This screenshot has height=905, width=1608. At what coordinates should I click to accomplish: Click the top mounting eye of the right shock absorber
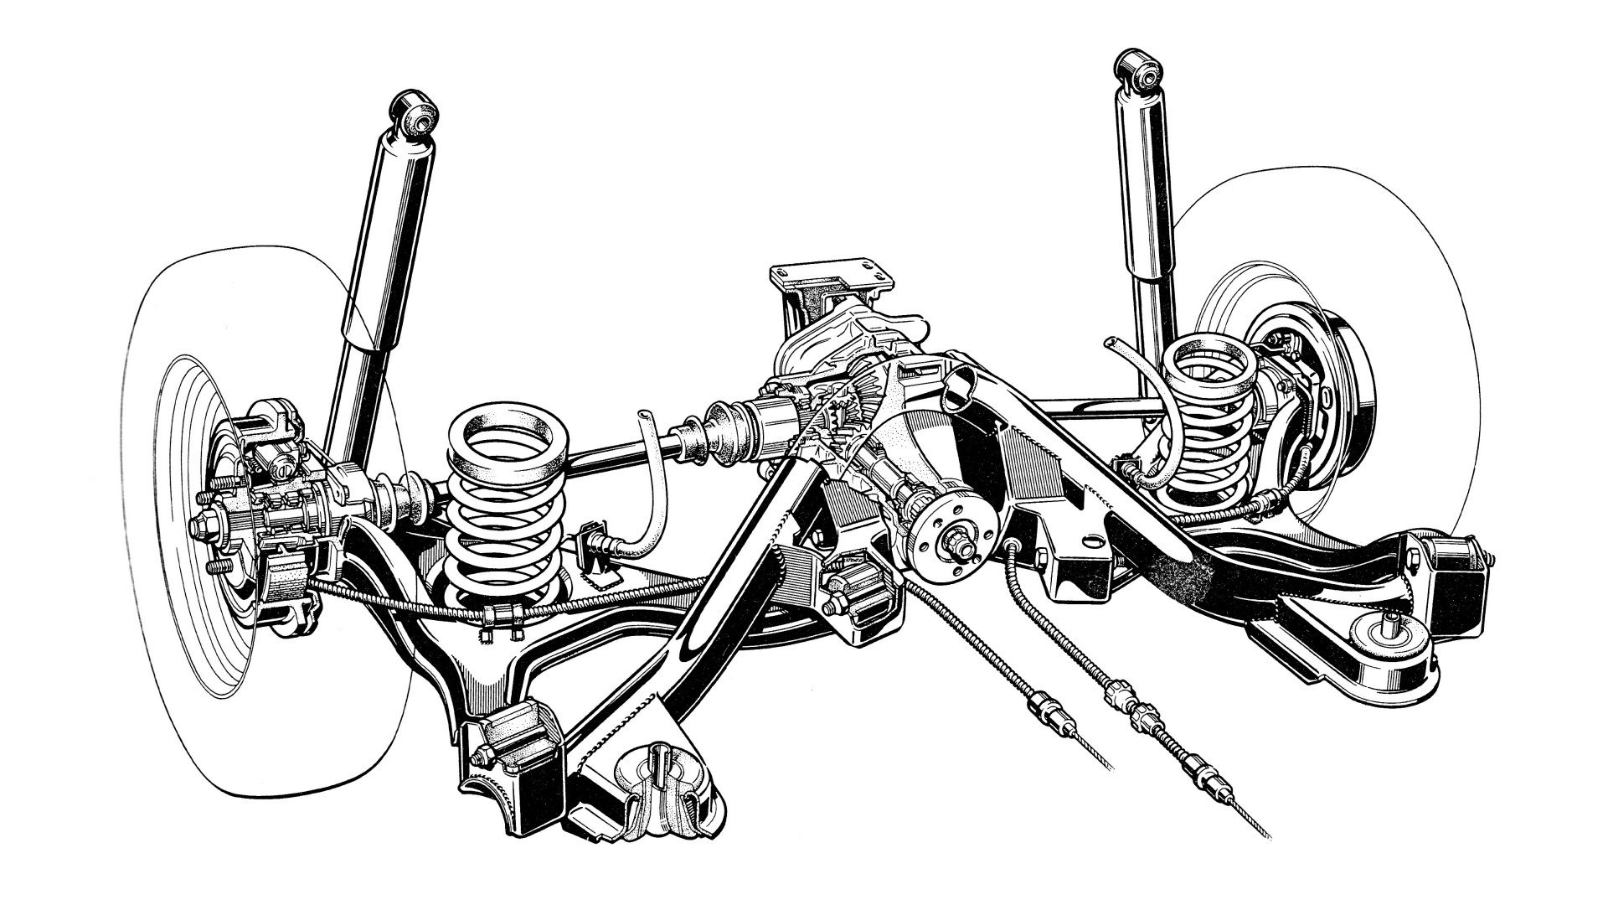[1141, 72]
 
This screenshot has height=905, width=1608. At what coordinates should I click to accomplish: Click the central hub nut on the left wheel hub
[204, 526]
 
